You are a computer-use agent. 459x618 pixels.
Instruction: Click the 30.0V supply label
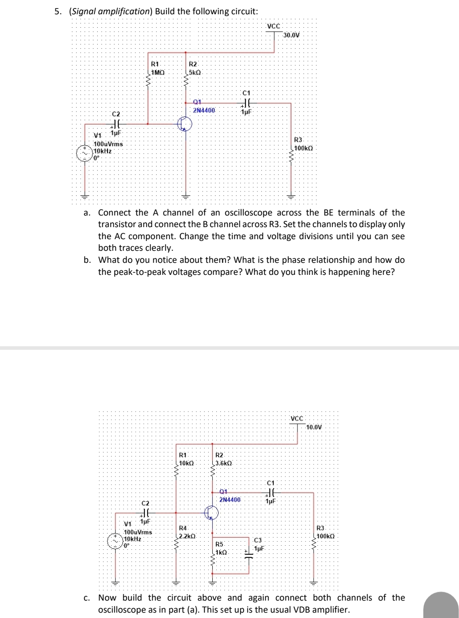point(292,35)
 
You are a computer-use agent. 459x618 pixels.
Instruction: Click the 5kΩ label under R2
point(195,72)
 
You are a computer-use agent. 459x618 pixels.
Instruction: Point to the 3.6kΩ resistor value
point(223,463)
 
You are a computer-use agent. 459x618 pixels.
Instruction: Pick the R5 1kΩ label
point(221,552)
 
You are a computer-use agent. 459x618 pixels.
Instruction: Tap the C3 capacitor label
point(258,540)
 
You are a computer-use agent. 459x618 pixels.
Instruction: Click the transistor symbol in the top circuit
point(184,124)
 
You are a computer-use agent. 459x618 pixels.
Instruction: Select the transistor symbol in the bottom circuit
point(211,513)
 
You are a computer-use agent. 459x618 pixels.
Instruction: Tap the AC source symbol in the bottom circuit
point(115,541)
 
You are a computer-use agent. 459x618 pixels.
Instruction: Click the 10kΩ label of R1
point(186,463)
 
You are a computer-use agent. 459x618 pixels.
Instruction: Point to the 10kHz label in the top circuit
point(102,151)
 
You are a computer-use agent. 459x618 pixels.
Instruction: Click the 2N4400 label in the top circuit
point(204,110)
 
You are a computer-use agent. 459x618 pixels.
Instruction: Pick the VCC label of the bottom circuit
point(297,418)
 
